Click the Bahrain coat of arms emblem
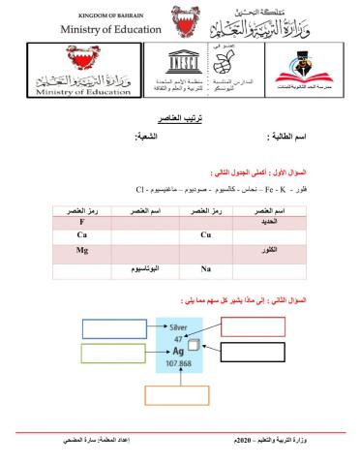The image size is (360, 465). pyautogui.click(x=181, y=21)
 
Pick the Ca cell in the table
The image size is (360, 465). pyautogui.click(x=83, y=235)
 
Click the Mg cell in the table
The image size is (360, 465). pyautogui.click(x=83, y=250)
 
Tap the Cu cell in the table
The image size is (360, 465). pyautogui.click(x=205, y=235)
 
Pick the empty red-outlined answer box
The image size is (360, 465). pyautogui.click(x=253, y=326)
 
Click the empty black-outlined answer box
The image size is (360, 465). pyautogui.click(x=253, y=351)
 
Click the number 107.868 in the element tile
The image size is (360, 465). pyautogui.click(x=177, y=364)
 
